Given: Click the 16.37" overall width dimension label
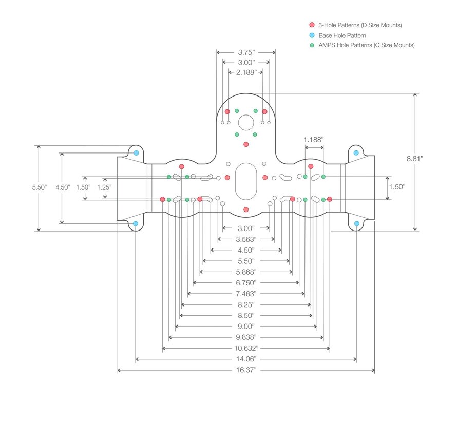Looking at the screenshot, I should pos(246,370).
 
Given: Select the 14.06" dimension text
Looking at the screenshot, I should pos(246,359).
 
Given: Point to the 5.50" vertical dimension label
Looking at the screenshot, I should pos(39,187).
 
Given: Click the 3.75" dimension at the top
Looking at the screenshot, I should pos(246,52).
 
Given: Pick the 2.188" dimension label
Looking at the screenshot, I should pos(246,72).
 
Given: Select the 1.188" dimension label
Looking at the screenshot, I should pos(314,139).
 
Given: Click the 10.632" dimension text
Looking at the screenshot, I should pos(246,348).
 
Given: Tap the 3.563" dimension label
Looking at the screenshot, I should pos(246,239).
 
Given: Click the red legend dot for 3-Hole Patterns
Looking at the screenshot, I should pos(312,25).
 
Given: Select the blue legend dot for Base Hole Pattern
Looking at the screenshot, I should pos(312,35).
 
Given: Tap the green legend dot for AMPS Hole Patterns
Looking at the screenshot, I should pos(312,45).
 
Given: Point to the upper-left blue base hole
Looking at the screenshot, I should pos(136,153).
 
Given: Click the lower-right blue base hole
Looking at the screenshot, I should pos(356,223).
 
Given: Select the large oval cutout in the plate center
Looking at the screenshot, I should pos(246,182).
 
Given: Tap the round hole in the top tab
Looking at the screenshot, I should pos(246,123).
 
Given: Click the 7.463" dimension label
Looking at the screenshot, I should pos(246,294).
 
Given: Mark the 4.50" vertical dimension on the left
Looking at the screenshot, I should pos(63,187).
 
